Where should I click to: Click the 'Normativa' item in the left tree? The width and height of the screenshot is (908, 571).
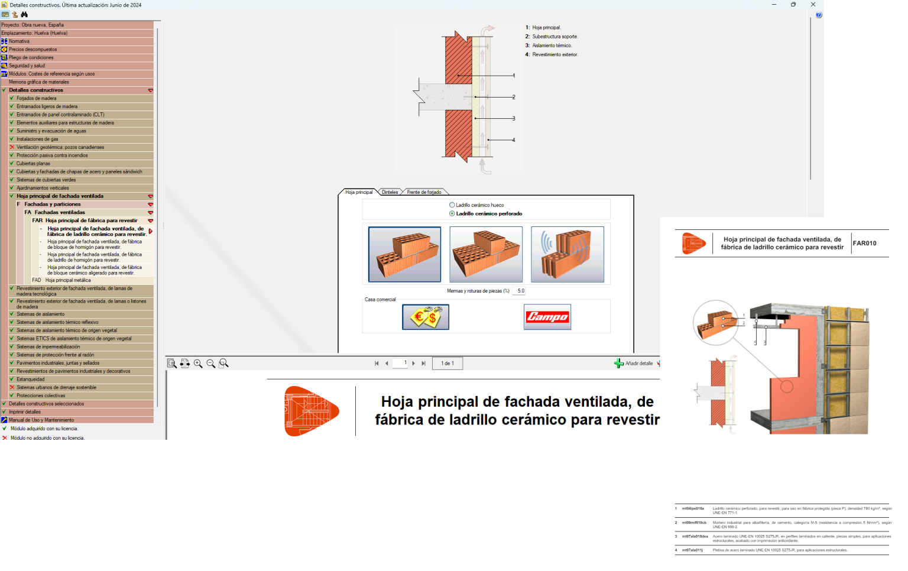coord(19,41)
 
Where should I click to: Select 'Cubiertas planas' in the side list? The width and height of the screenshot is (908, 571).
coord(33,164)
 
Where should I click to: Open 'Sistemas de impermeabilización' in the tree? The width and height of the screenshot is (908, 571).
coord(48,347)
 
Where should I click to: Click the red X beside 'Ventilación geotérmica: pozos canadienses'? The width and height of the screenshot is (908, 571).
coord(12,147)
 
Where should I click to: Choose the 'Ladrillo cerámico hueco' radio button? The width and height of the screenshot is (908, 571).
coord(452,205)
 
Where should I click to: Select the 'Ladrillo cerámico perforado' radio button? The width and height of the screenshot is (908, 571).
coord(452,213)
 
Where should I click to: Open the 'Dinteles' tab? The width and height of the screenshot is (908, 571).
coord(390,192)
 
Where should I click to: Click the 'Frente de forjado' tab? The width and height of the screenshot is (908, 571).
coord(424,192)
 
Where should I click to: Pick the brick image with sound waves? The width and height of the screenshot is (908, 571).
coord(567,254)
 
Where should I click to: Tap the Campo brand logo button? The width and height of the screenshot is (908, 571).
coord(547,317)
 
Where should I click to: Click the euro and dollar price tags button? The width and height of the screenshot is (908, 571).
coord(426,317)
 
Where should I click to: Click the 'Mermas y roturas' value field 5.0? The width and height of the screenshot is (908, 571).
coord(520,291)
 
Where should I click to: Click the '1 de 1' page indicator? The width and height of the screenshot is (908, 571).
coord(447,364)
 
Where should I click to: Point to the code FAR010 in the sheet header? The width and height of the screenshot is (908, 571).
coord(864,244)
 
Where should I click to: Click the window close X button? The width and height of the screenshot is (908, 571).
coord(813,5)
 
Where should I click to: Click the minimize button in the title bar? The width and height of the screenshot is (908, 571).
coord(774,5)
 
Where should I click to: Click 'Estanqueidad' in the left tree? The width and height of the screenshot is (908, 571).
coord(30,379)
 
